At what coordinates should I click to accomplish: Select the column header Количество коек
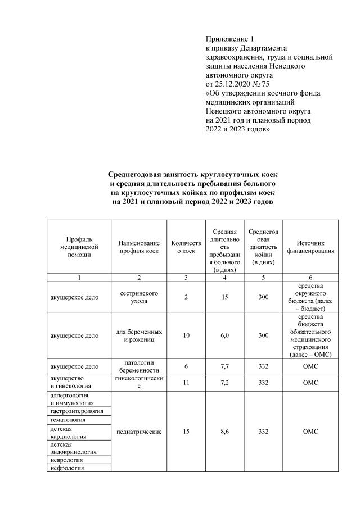(186, 247)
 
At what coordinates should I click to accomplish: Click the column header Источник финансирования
(310, 247)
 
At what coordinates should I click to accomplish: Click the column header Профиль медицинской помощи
(79, 247)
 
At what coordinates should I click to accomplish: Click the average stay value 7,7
(225, 367)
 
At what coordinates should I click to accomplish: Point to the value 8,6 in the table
(225, 432)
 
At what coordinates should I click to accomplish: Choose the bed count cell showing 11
(186, 382)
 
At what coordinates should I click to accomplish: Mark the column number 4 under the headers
(225, 278)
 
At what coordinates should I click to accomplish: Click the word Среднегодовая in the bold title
(135, 175)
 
